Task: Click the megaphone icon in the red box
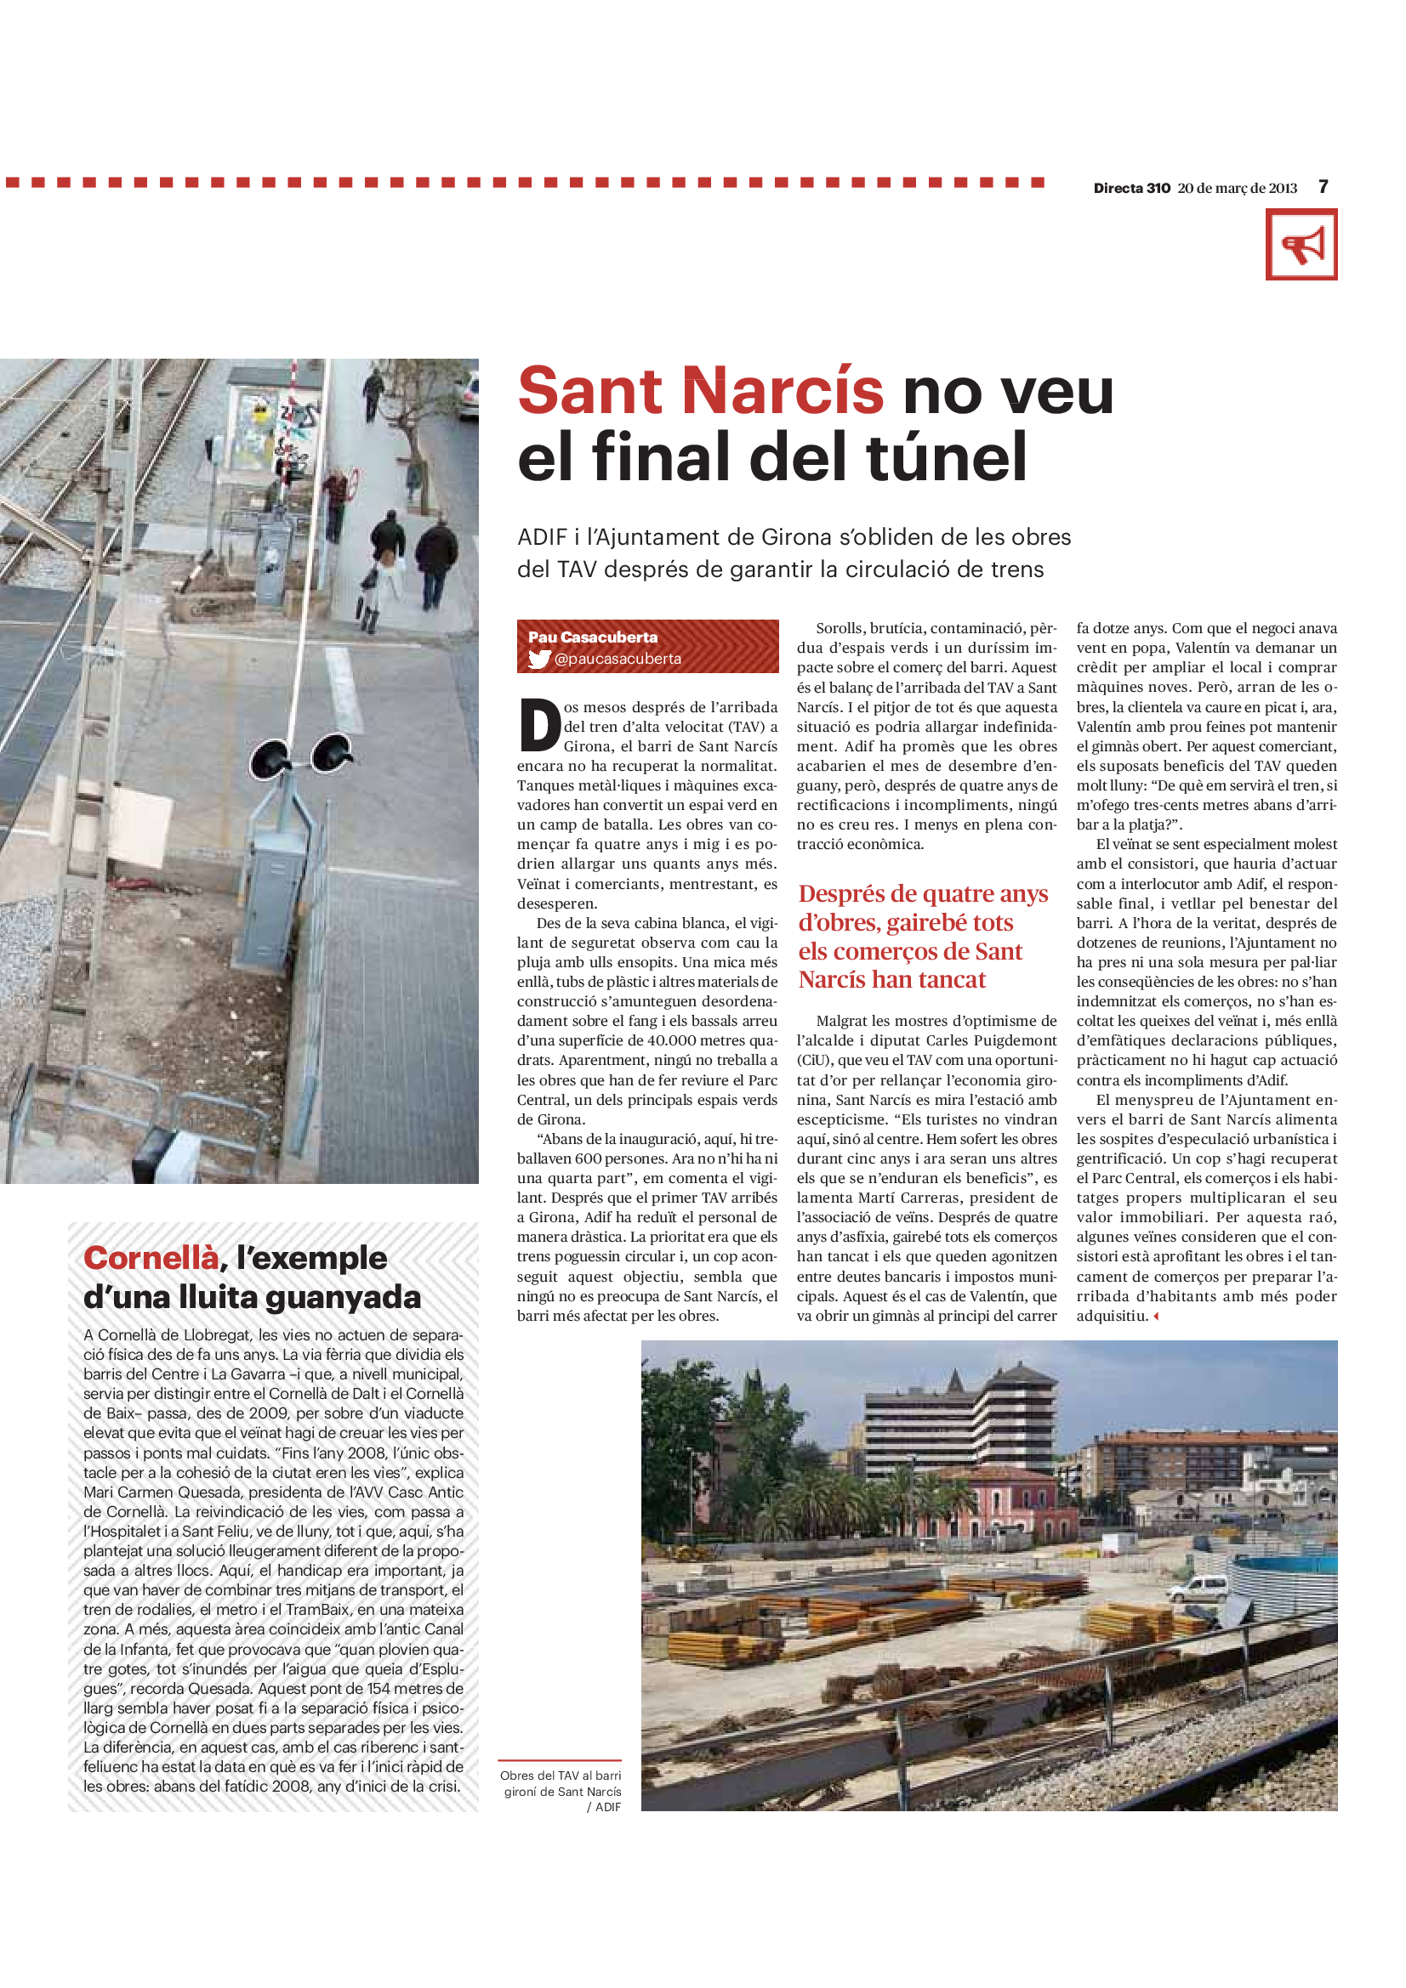coord(1301,245)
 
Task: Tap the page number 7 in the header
coord(1323,187)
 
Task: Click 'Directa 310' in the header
coord(1131,188)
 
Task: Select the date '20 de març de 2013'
coord(1237,188)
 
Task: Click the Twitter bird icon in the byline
coord(538,659)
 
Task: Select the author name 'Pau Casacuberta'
coord(593,637)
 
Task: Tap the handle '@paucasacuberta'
coord(618,659)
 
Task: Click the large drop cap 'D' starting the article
coord(540,725)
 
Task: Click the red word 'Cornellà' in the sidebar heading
coord(151,1258)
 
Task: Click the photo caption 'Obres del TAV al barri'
coord(561,1775)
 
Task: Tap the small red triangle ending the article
coord(1156,1316)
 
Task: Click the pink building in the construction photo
coord(1005,1498)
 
